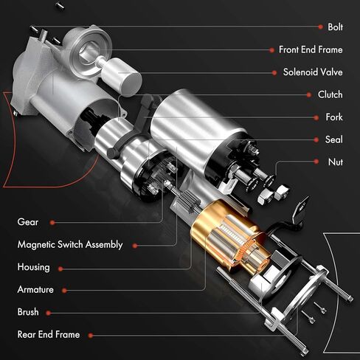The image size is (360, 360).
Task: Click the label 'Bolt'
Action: [x=335, y=27]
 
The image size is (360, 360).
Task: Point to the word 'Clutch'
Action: [x=330, y=94]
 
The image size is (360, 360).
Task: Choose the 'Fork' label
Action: [x=333, y=117]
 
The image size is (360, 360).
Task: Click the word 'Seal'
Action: [x=333, y=139]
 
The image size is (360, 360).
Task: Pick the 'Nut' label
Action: [x=335, y=161]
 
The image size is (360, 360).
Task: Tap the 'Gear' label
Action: [x=28, y=221]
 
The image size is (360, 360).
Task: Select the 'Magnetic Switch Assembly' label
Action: [x=69, y=244]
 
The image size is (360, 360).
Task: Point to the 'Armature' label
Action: [x=35, y=289]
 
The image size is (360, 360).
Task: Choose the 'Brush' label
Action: [x=28, y=312]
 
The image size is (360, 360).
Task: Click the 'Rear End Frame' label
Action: [x=49, y=334]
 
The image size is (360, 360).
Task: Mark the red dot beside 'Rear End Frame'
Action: [x=91, y=334]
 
